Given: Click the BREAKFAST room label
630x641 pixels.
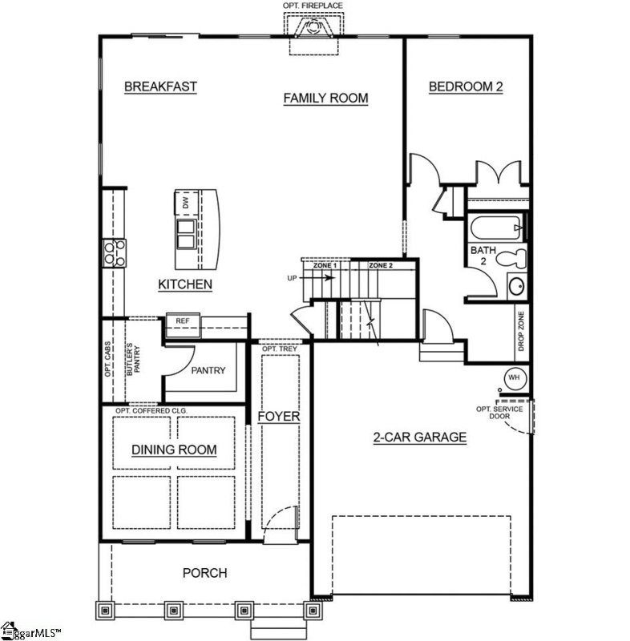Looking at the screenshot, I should click(x=160, y=87).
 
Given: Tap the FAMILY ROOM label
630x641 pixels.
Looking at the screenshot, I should click(x=325, y=98).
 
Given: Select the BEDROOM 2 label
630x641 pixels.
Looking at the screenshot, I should click(x=465, y=87).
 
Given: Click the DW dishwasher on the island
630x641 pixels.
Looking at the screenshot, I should click(x=184, y=204).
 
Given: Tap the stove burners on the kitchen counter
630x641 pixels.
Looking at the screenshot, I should click(x=113, y=252).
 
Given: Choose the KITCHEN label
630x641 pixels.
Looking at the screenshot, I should click(x=184, y=284).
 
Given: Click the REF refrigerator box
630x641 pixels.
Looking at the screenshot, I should click(x=182, y=321).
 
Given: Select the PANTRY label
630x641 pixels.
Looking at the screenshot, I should click(x=208, y=370).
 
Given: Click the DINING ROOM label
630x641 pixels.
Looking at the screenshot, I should click(x=174, y=450).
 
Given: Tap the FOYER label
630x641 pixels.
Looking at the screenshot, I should click(x=278, y=417).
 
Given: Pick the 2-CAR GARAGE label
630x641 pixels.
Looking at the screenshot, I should click(x=419, y=437).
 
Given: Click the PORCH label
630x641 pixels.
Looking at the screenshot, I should click(x=204, y=572).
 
